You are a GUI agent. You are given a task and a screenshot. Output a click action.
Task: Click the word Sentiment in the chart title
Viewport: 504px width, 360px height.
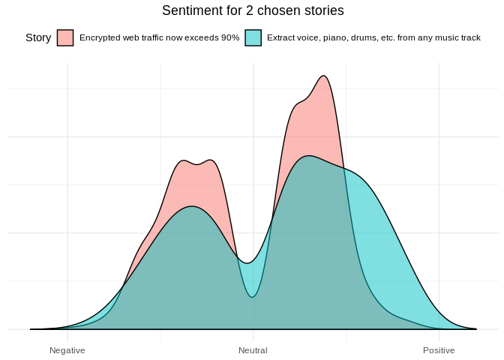[x=187, y=10]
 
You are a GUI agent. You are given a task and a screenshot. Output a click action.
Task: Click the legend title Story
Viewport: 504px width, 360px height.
[x=38, y=37]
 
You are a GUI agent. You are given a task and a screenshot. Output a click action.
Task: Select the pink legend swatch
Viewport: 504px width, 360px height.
[x=65, y=37]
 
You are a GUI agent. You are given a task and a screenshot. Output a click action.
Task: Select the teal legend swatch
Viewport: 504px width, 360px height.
[x=253, y=37]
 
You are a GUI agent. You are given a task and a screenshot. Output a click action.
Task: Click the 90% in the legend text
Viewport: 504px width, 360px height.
[x=229, y=37]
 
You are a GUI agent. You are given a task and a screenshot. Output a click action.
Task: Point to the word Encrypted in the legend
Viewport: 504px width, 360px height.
[x=98, y=37]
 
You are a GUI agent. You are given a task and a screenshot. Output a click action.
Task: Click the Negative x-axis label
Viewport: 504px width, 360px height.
[x=67, y=350]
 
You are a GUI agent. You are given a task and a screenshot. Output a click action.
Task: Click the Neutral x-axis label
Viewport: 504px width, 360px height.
[x=253, y=350]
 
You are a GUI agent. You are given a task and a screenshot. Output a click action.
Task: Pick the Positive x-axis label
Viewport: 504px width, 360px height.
[x=439, y=350]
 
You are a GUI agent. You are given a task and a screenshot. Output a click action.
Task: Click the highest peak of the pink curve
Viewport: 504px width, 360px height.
[x=324, y=76]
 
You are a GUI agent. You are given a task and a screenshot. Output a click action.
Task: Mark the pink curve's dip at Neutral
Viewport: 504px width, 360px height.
[x=253, y=297]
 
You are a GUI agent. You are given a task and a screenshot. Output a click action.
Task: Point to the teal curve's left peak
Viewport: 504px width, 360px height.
[x=193, y=206]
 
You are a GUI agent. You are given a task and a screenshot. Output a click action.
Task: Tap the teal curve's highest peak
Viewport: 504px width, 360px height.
[x=308, y=156]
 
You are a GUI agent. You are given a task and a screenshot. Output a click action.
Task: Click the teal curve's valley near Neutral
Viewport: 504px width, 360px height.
[x=246, y=262]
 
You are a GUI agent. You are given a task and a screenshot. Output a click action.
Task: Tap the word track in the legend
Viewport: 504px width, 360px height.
[x=470, y=37]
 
